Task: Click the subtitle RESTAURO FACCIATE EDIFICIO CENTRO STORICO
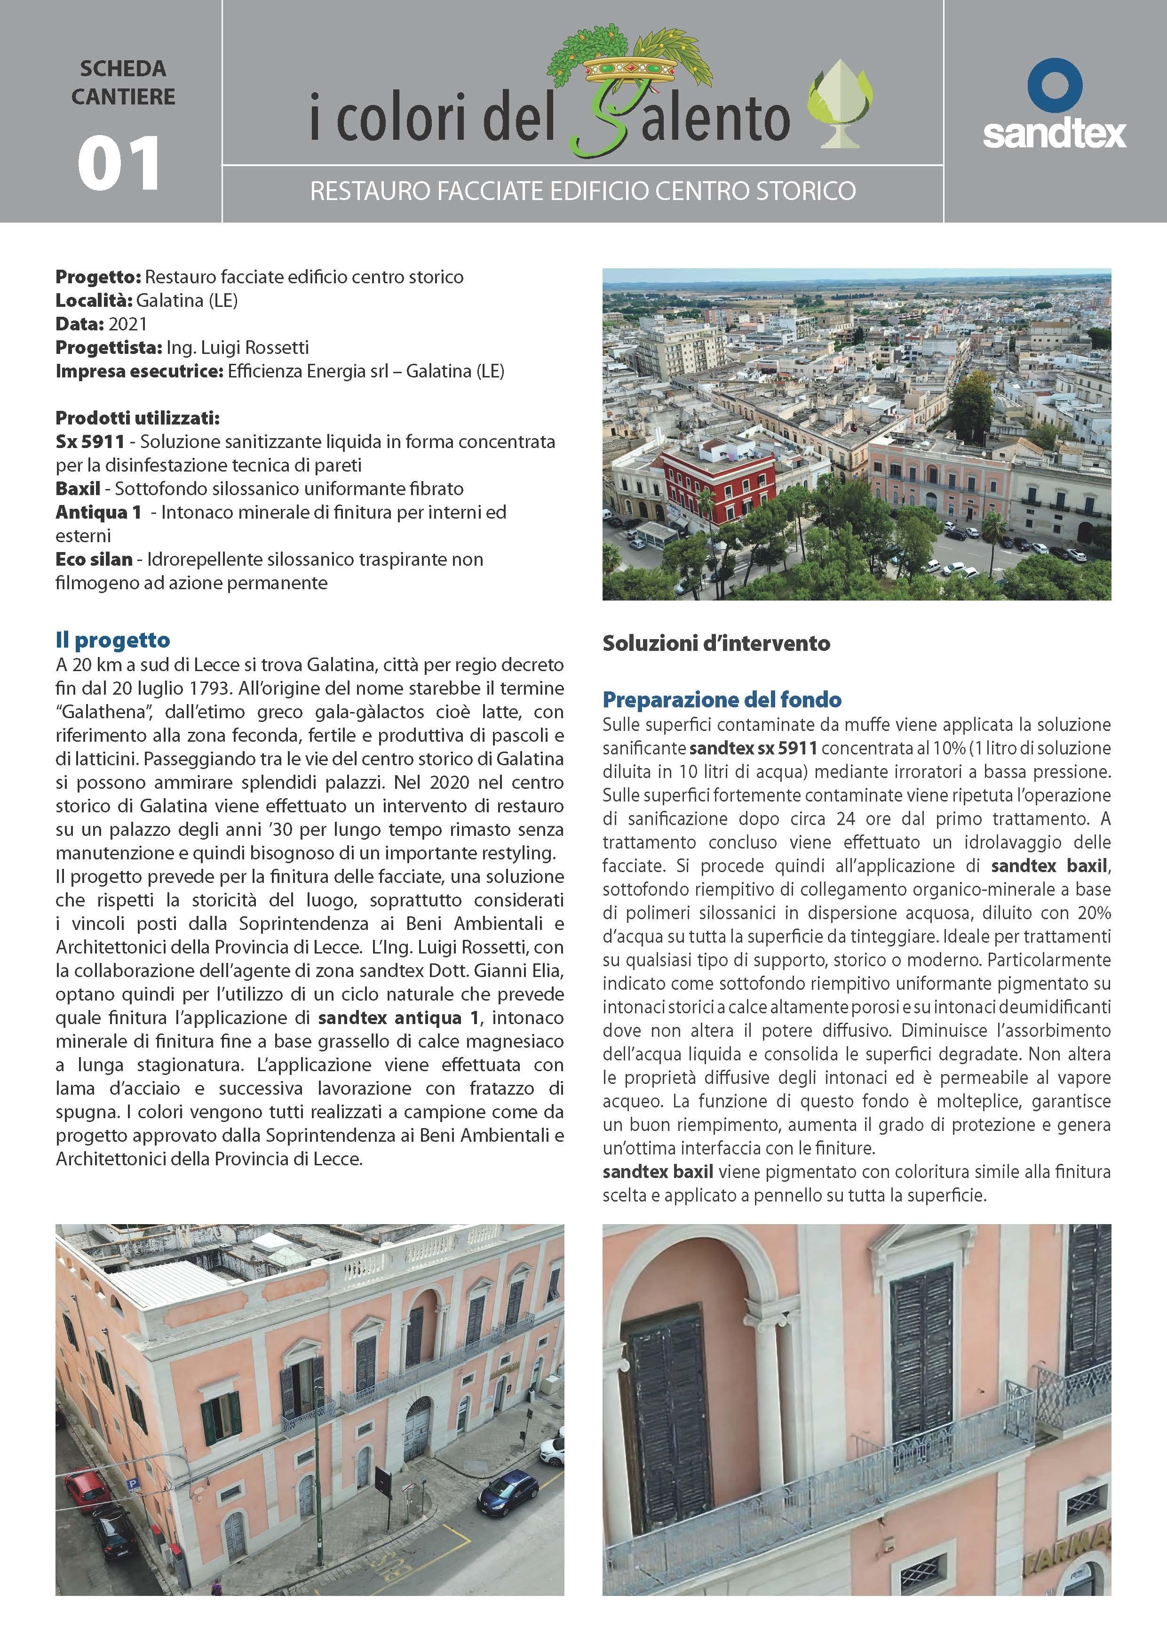tap(582, 191)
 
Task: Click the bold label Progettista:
tap(109, 347)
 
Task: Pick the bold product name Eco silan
tap(94, 560)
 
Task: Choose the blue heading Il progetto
tap(113, 640)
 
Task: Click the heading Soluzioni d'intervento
tap(716, 643)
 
